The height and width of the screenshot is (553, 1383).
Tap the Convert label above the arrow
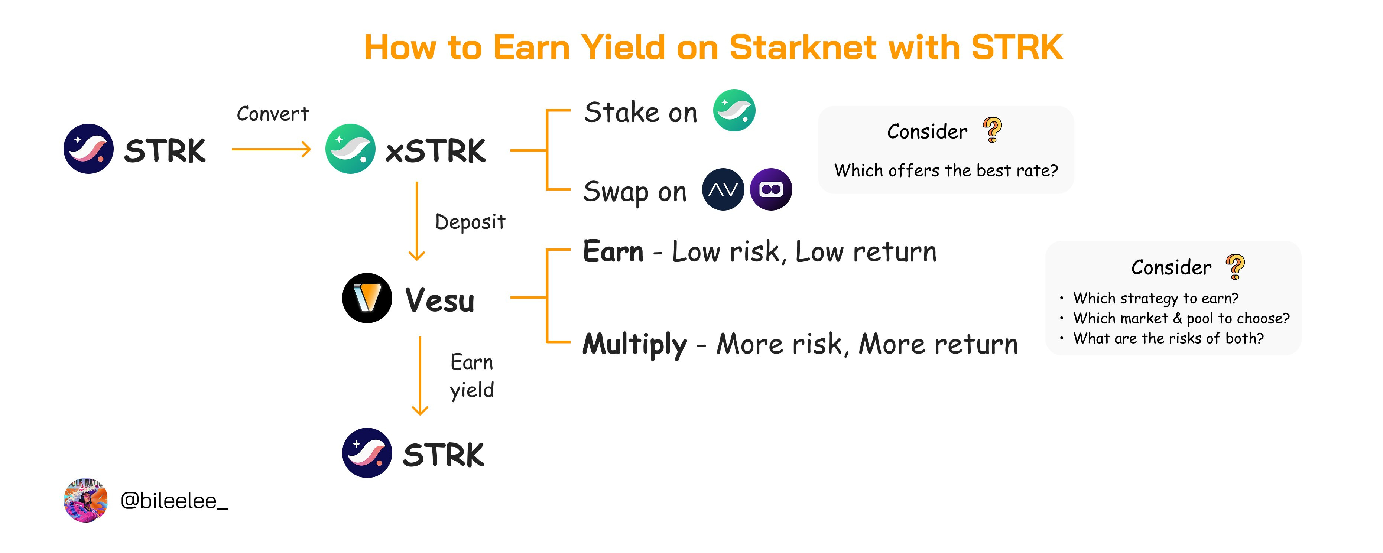(x=273, y=114)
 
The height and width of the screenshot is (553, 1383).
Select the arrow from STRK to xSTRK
(x=271, y=149)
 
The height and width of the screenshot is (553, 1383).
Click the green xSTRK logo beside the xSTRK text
(x=350, y=149)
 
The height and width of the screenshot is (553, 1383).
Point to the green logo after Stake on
(x=734, y=110)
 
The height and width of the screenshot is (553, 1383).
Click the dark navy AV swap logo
(x=723, y=189)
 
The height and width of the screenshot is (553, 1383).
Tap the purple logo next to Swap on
(x=770, y=189)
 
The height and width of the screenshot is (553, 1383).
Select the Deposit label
(x=470, y=222)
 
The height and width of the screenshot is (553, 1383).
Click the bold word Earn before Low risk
(x=613, y=251)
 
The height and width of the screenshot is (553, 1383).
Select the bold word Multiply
(x=634, y=344)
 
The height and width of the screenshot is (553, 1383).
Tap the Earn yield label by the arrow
(x=471, y=376)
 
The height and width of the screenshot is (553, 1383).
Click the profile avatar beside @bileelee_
(x=86, y=500)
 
